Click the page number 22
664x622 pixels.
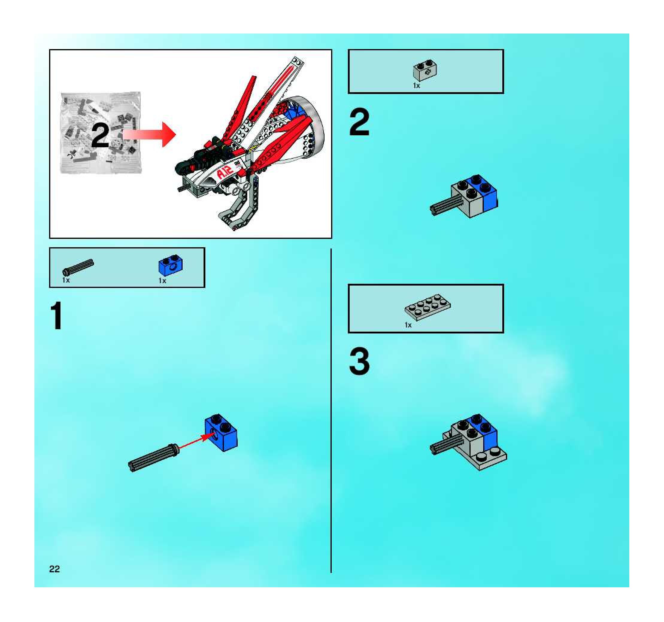pyautogui.click(x=54, y=569)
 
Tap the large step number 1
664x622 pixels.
pyautogui.click(x=57, y=315)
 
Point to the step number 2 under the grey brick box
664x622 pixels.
pyautogui.click(x=359, y=122)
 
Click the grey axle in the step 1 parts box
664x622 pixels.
pyautogui.click(x=78, y=267)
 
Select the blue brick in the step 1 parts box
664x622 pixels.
pyautogui.click(x=170, y=266)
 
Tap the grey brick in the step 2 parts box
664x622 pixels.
pyautogui.click(x=425, y=70)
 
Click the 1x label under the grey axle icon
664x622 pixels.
pyautogui.click(x=66, y=280)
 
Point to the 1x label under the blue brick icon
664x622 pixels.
pyautogui.click(x=162, y=281)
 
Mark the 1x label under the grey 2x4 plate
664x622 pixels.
pyautogui.click(x=408, y=325)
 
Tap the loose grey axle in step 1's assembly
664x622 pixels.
pyautogui.click(x=154, y=457)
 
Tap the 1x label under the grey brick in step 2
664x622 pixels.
pyautogui.click(x=416, y=86)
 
